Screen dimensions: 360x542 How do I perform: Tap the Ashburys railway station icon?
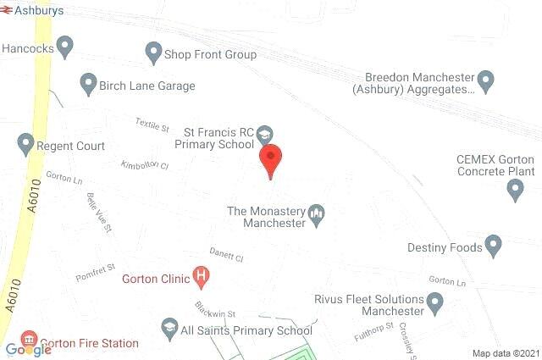point(8,11)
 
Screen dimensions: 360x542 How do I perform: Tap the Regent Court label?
point(71,146)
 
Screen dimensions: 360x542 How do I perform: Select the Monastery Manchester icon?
point(316,214)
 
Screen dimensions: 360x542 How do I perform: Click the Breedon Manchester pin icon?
point(485,81)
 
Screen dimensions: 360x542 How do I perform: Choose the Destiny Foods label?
point(445,248)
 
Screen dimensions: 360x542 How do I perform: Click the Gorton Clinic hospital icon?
point(202,275)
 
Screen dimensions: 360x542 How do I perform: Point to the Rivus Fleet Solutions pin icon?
point(435,301)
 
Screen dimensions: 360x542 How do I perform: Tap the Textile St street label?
point(153,124)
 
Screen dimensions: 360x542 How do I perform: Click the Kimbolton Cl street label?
point(145,164)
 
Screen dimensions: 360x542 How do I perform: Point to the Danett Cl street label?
point(226,255)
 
